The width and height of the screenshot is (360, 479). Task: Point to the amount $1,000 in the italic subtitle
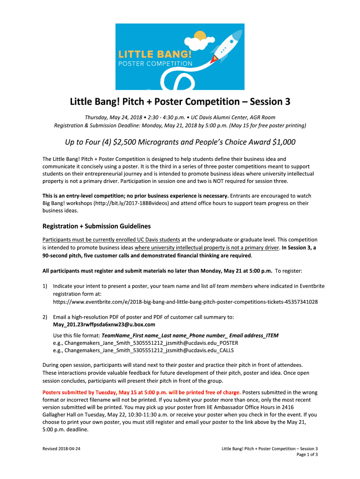click(282, 142)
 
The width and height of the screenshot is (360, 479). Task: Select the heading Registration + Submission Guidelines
click(96, 226)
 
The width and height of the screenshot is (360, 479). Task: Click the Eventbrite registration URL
click(185, 302)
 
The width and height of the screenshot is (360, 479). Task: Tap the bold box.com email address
click(104, 324)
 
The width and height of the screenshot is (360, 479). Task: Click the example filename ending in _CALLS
click(144, 350)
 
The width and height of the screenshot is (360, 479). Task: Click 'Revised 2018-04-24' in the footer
click(61, 449)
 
